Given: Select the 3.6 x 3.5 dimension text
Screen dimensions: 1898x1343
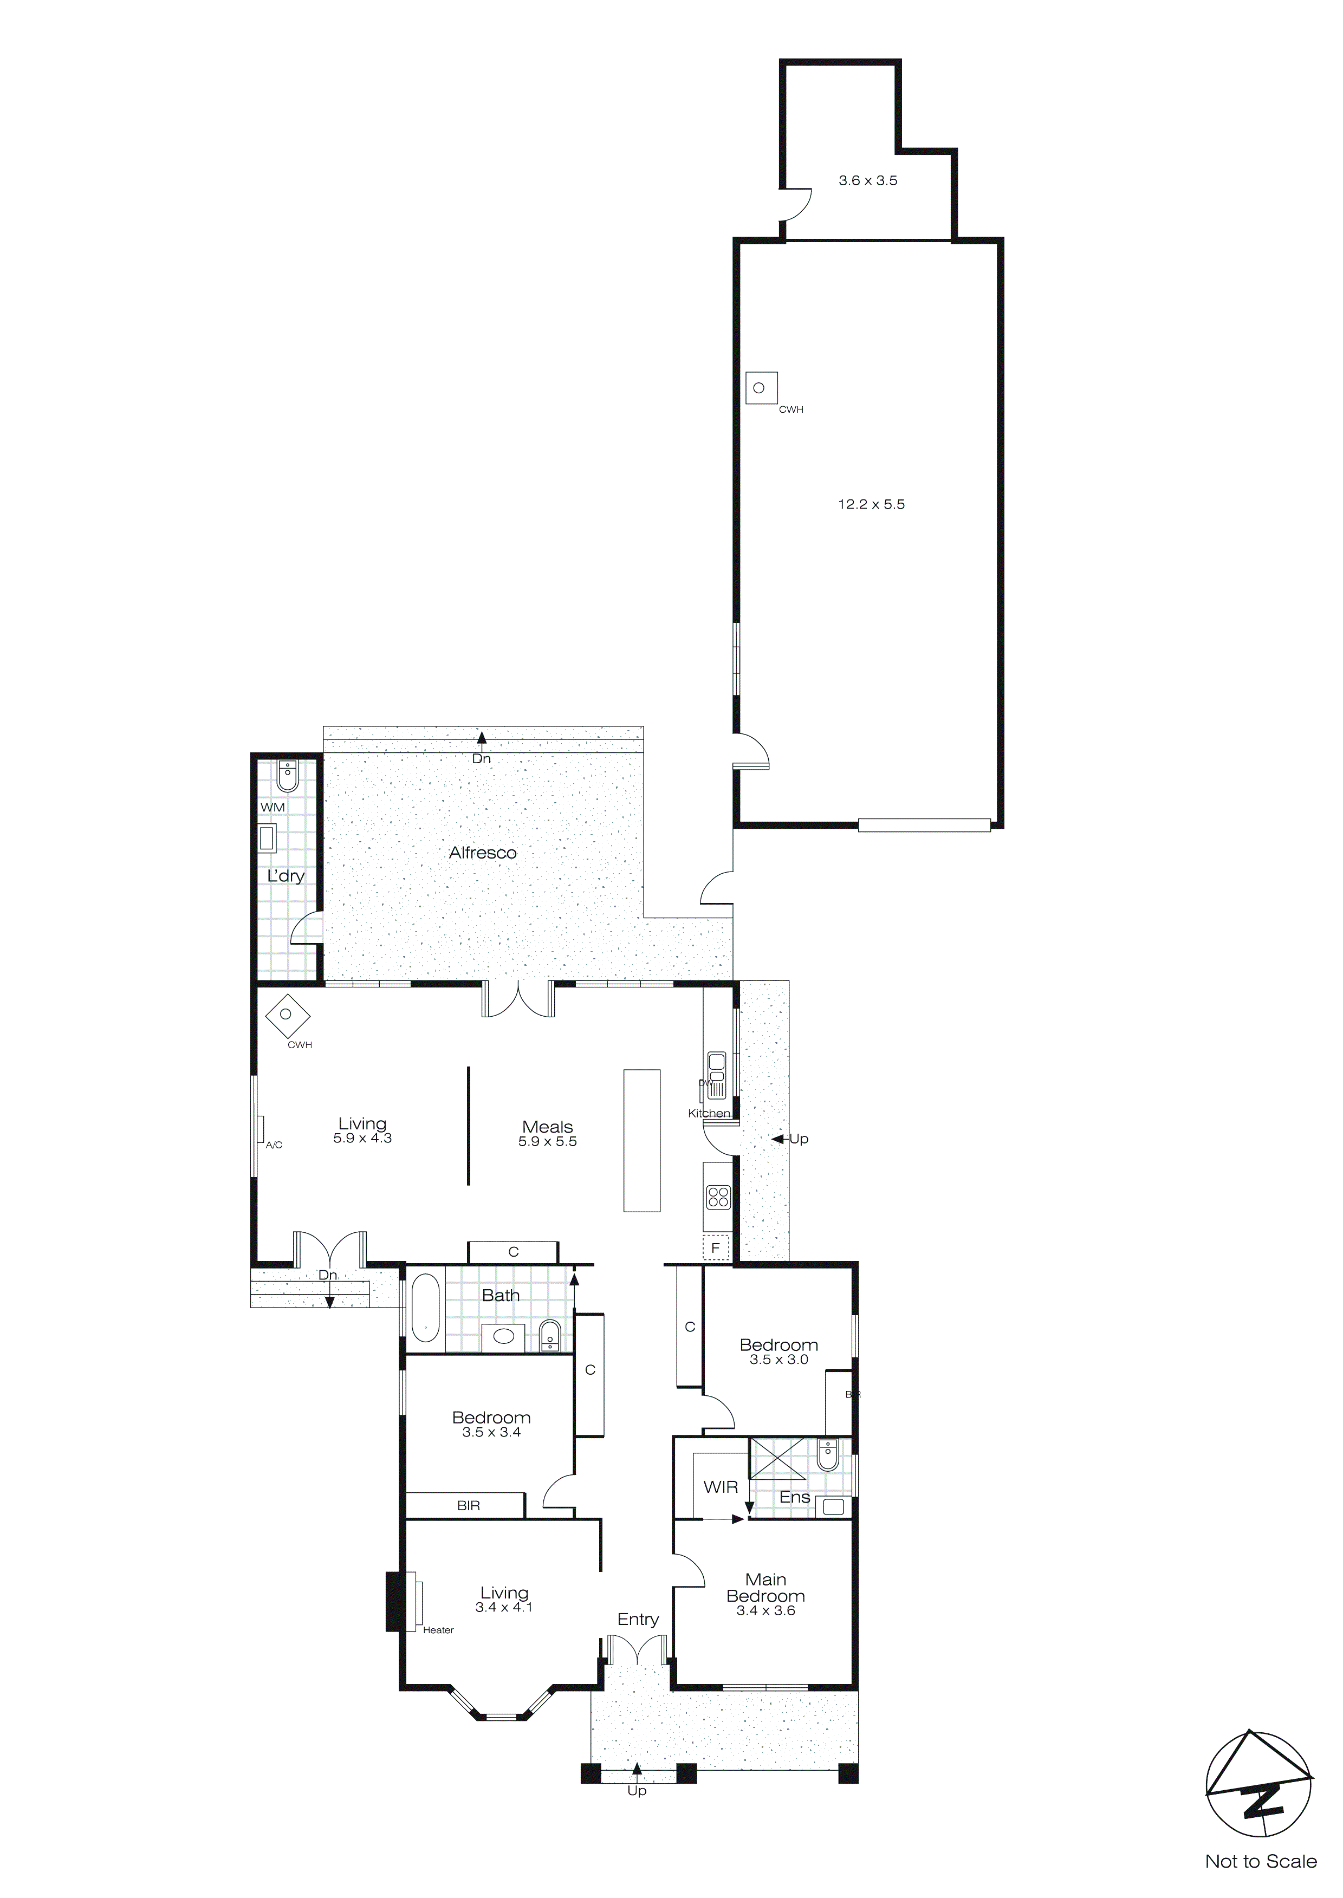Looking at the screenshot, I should click(867, 180).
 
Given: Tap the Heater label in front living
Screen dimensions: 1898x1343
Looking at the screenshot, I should click(438, 1630).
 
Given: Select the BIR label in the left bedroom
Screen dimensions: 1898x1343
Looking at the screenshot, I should click(468, 1505).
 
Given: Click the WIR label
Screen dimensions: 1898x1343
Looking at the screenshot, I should click(721, 1487).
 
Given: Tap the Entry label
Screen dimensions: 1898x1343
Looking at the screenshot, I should click(638, 1620).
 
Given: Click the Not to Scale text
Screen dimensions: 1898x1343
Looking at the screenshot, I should click(1260, 1862).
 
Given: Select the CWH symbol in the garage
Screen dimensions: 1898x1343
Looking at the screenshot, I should click(761, 388).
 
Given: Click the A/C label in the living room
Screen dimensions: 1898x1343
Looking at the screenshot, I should click(274, 1145).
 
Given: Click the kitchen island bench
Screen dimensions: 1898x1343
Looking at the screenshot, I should click(642, 1141).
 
